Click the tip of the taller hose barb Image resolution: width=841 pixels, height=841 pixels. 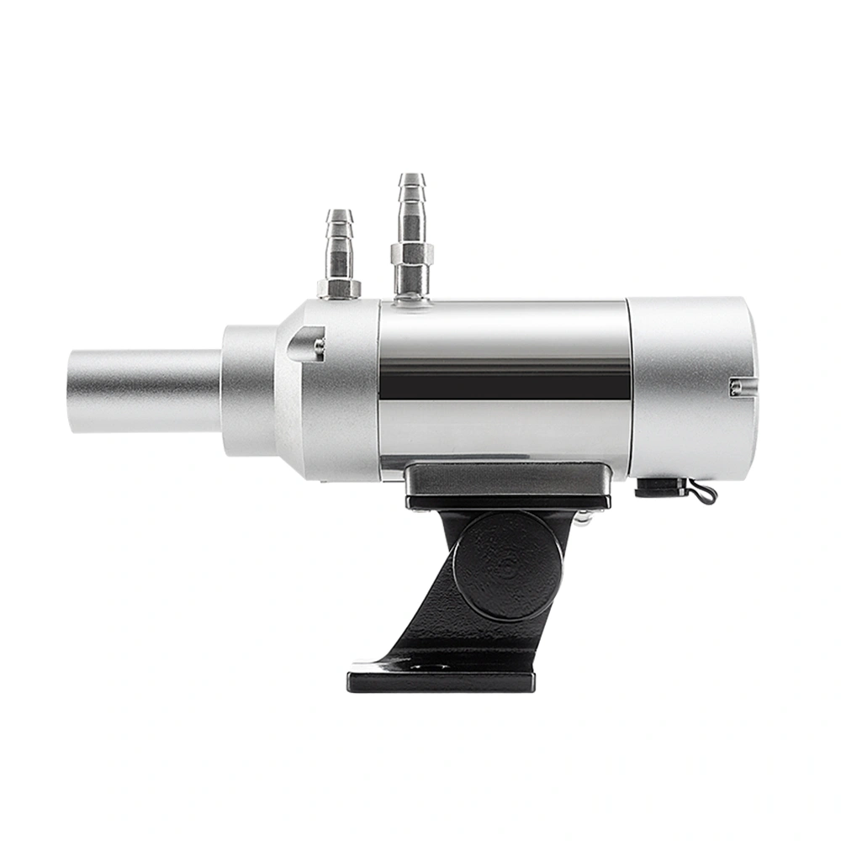[x=411, y=178]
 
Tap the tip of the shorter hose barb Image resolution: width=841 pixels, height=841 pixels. [x=340, y=214]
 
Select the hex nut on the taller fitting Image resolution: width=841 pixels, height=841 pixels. [x=411, y=252]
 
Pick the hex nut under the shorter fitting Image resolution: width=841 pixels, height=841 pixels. [x=339, y=288]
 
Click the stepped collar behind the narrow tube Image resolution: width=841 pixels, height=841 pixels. [x=248, y=391]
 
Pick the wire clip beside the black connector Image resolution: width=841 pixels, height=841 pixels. [x=703, y=493]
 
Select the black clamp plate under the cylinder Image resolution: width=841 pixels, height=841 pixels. [x=508, y=485]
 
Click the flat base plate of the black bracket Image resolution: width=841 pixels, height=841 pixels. [x=441, y=678]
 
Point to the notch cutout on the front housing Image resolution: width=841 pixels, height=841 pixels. [x=304, y=342]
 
